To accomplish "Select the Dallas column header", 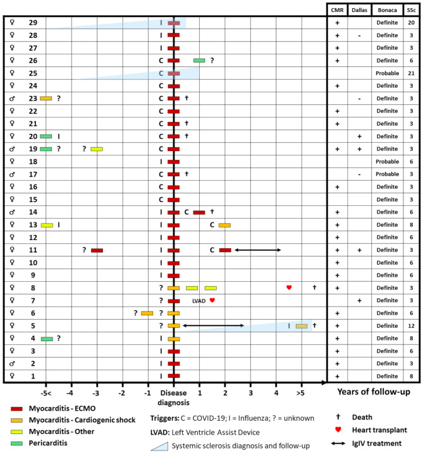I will pos(359,10).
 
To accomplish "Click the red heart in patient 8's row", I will pos(289,287).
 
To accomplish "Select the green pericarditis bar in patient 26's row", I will pos(199,61).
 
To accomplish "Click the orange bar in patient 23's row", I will pos(46,99).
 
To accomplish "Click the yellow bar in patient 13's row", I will pos(47,225).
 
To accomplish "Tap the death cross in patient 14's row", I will pos(212,212).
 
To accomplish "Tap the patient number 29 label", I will pos(33,23).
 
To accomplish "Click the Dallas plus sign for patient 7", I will pos(359,300).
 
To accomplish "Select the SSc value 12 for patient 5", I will pos(412,325).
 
